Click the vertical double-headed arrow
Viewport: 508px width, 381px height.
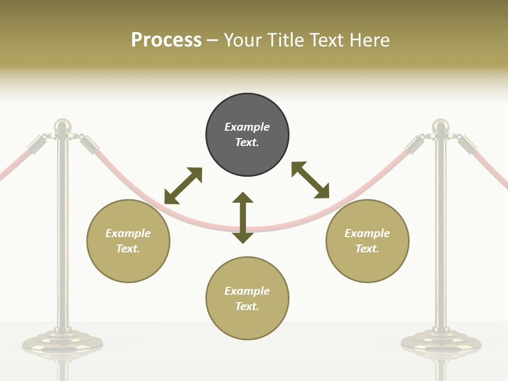pyautogui.click(x=243, y=217)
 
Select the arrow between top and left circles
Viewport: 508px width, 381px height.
pyautogui.click(x=183, y=186)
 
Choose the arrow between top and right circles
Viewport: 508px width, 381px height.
pyautogui.click(x=310, y=180)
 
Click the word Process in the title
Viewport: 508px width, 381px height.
pyautogui.click(x=166, y=40)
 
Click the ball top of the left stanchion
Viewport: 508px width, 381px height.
pyautogui.click(x=62, y=125)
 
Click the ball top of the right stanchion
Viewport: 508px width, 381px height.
pyautogui.click(x=440, y=126)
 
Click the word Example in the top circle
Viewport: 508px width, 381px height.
pyautogui.click(x=247, y=127)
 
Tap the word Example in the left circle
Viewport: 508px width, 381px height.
pyautogui.click(x=128, y=233)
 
